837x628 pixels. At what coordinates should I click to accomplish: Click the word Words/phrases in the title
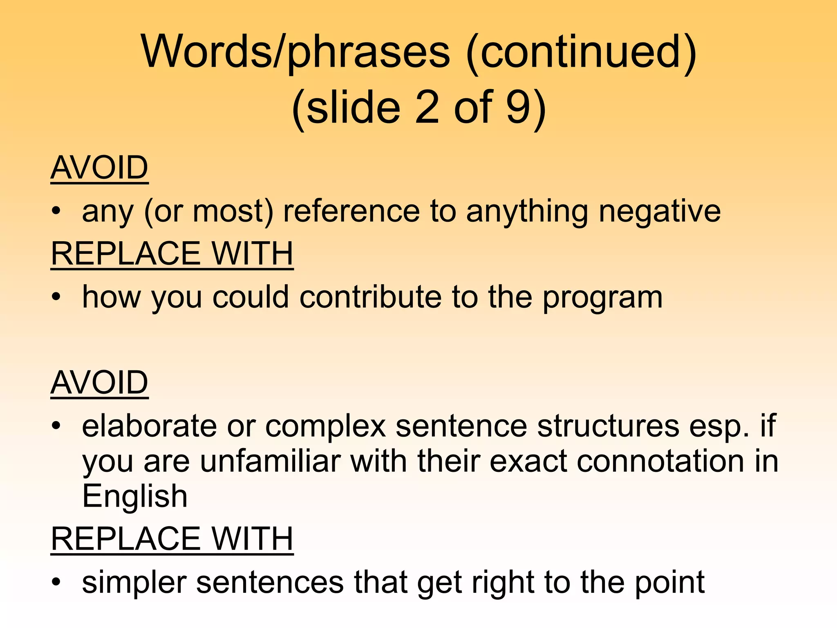295,52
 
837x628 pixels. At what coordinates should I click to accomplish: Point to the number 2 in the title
427,107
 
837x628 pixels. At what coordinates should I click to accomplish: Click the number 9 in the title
519,107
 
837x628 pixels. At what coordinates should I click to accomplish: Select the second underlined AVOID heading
99,383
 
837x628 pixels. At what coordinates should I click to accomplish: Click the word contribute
370,297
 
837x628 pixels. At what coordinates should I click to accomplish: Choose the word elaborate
149,426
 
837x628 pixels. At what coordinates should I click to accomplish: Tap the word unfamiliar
270,461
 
